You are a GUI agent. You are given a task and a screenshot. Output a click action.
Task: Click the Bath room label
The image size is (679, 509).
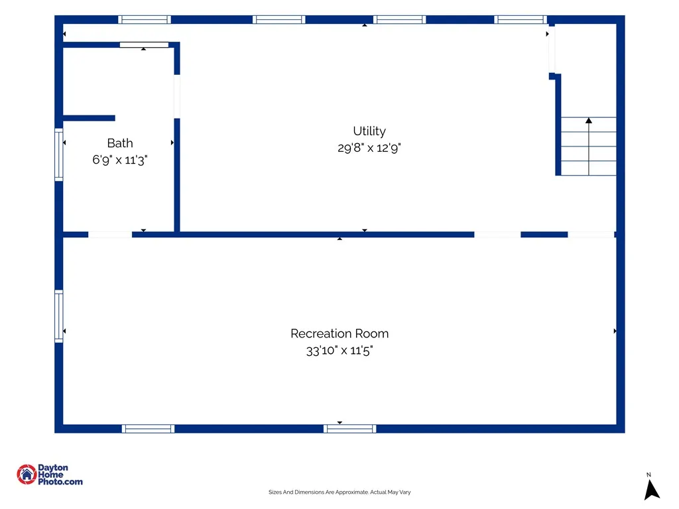(x=120, y=143)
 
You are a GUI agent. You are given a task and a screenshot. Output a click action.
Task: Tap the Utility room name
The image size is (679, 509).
(x=369, y=131)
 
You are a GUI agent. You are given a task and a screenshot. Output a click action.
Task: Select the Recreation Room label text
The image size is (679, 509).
(x=339, y=334)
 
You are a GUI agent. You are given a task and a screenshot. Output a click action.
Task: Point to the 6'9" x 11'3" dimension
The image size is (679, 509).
(x=120, y=160)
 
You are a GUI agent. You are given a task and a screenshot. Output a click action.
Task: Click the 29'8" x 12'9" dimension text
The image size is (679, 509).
(x=369, y=148)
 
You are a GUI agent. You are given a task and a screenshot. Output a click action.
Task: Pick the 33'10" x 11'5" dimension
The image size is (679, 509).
(x=339, y=351)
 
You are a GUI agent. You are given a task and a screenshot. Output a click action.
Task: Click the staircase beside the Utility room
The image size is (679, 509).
(x=589, y=146)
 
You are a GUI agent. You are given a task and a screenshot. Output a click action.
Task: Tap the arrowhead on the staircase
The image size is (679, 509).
(x=589, y=121)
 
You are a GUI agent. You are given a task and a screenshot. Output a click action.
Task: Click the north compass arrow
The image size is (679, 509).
(x=651, y=490)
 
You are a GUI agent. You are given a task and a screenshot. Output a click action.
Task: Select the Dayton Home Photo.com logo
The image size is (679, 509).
(x=49, y=475)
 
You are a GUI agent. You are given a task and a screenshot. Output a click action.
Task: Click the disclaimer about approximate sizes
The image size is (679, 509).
(x=339, y=492)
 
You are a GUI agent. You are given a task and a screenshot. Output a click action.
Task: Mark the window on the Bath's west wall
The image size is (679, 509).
(x=59, y=154)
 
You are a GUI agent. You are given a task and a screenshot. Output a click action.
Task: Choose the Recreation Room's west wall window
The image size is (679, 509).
(x=59, y=316)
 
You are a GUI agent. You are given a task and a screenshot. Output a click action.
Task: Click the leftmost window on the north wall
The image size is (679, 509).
(x=145, y=19)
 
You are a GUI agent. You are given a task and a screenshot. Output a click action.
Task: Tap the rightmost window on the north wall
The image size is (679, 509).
(x=521, y=19)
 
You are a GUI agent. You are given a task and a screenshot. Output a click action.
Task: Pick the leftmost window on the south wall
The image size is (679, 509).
(x=148, y=429)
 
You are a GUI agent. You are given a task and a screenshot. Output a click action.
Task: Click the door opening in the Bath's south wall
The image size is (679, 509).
(x=110, y=235)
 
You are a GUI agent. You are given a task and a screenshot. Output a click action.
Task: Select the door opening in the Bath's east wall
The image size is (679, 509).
(x=176, y=97)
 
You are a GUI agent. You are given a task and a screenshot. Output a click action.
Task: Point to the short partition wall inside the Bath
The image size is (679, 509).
(x=90, y=118)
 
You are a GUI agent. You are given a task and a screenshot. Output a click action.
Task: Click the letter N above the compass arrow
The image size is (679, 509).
(x=648, y=475)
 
